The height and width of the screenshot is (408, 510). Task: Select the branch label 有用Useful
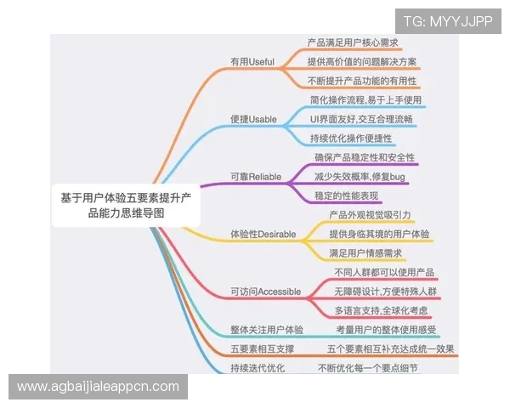tap(253, 62)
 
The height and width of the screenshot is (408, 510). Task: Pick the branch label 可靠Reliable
tap(256, 177)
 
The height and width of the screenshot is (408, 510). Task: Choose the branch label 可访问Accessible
tap(266, 292)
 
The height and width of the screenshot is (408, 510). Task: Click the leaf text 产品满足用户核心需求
tap(353, 42)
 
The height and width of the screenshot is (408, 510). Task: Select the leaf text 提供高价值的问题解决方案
tap(362, 62)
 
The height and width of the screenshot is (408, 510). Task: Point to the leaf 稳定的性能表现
tap(347, 195)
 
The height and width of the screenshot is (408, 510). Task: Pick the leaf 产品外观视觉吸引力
tap(371, 215)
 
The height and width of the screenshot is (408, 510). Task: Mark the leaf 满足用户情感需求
tap(365, 252)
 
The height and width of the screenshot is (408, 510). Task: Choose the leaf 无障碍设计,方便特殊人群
tap(385, 292)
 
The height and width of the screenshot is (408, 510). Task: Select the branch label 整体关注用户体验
tap(268, 329)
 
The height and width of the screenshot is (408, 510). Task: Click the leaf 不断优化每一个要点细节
tap(368, 367)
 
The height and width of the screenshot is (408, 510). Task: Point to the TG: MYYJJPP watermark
tap(448, 21)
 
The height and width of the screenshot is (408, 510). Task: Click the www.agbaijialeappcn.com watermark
tap(99, 387)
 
